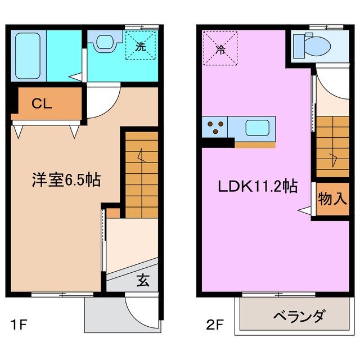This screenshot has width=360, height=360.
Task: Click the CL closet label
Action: (x=43, y=103)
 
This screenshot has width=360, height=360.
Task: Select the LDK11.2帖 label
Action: (x=258, y=187)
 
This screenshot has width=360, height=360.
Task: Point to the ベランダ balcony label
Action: (x=298, y=317)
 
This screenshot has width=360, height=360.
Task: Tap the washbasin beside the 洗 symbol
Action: (x=105, y=43)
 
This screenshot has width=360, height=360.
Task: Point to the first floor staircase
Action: (x=141, y=174)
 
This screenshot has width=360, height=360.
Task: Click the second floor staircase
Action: (x=331, y=143)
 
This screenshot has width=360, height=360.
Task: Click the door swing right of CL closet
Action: (x=101, y=101)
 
